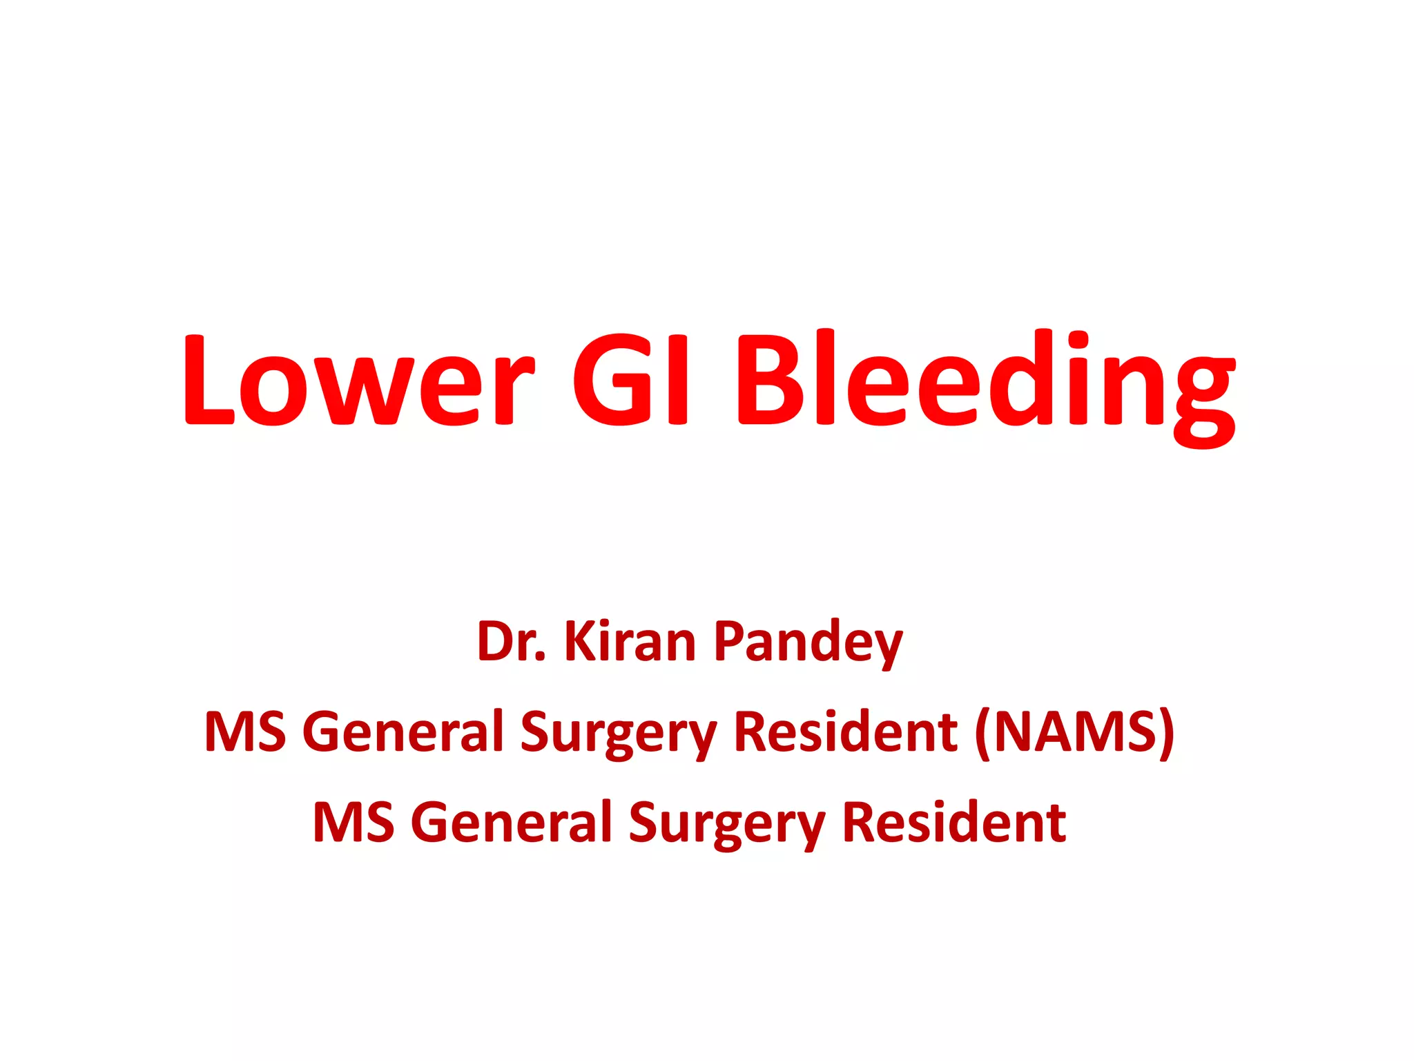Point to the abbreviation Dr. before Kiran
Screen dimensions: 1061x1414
pos(511,642)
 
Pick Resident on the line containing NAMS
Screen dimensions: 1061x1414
pos(844,732)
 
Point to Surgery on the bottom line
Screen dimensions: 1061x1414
pos(727,825)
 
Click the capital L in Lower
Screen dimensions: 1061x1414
pos(208,380)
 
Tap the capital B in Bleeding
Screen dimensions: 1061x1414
pos(771,380)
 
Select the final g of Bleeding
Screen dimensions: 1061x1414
pos(1202,394)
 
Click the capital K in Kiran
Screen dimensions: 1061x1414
pos(581,642)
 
